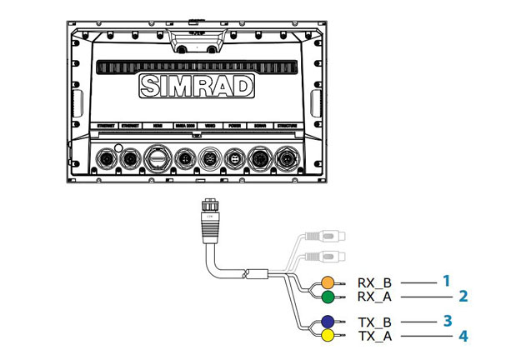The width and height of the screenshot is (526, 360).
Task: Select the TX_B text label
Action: click(374, 322)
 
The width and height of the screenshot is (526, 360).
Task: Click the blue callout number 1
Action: click(447, 281)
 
